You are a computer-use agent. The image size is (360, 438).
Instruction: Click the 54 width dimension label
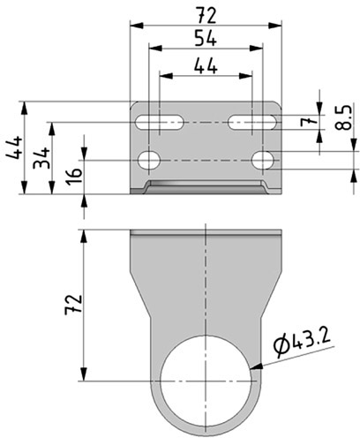206,38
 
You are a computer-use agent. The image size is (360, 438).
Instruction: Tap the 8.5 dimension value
343,117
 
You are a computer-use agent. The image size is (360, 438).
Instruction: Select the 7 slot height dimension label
306,121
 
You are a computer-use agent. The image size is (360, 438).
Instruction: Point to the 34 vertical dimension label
41,158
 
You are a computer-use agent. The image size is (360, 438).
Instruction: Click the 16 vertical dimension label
73,177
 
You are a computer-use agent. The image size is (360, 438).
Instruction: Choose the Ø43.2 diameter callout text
302,344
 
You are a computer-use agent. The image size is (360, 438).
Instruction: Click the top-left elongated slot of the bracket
160,122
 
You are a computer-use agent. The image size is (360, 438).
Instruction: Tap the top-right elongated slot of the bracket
252,122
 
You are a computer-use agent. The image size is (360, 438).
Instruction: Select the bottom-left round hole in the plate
149,161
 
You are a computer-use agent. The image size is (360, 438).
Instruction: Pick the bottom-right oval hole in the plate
263,161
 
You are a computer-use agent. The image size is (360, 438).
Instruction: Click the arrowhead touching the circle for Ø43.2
256,366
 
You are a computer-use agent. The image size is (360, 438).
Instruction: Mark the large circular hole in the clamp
206,381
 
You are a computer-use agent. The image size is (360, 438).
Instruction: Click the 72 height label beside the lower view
73,305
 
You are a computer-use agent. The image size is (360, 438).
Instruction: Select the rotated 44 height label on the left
14,147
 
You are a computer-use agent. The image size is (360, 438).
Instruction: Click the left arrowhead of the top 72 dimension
137,26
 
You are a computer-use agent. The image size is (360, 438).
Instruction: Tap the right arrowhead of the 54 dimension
256,49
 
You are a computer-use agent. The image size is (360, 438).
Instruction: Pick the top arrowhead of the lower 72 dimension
85,237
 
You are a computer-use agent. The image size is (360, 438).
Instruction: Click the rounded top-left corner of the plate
132,104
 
